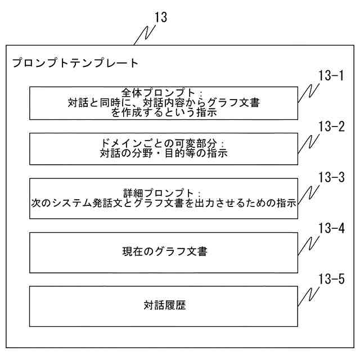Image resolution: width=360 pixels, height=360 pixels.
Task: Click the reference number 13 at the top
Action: tap(160, 17)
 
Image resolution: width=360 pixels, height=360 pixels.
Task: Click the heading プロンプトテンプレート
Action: tap(75, 63)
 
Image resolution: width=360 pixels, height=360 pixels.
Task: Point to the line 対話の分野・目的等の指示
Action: tap(163, 154)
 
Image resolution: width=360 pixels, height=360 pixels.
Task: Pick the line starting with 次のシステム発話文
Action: tap(164, 203)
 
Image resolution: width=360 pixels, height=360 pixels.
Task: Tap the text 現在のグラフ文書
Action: tap(164, 251)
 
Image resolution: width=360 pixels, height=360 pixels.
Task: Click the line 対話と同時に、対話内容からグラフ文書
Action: tap(164, 102)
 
